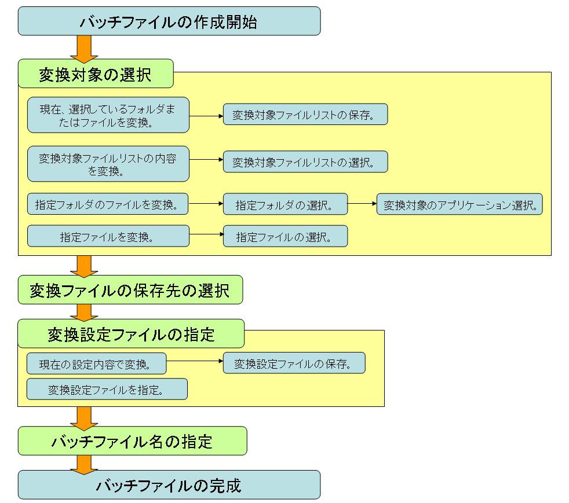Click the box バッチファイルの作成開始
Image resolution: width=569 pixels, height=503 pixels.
(x=169, y=21)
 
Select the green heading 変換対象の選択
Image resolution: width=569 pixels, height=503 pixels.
(x=96, y=74)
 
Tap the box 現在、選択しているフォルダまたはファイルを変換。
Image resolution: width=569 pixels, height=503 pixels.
(x=108, y=115)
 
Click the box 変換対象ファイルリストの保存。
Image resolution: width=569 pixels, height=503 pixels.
(x=305, y=115)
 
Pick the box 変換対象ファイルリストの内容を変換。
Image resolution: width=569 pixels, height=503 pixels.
(x=108, y=164)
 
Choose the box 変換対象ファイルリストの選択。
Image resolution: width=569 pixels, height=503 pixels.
(x=305, y=162)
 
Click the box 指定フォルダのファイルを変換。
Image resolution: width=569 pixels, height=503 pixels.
(x=108, y=204)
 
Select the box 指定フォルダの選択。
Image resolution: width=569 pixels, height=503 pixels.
(x=285, y=204)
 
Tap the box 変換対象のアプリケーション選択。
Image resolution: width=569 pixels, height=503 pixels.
(x=459, y=204)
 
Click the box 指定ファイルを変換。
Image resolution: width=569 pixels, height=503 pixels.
(x=108, y=236)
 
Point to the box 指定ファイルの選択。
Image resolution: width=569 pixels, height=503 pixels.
(x=285, y=236)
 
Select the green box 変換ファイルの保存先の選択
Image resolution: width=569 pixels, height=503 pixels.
(x=130, y=290)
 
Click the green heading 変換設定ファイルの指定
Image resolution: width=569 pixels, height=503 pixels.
(x=131, y=333)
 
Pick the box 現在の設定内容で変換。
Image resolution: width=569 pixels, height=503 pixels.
(x=97, y=364)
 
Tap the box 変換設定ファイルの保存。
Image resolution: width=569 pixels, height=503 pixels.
(x=294, y=363)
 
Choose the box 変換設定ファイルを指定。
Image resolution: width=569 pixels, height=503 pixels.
(x=107, y=389)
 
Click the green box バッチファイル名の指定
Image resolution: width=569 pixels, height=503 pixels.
(x=132, y=441)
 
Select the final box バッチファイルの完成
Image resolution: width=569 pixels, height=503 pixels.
(x=169, y=484)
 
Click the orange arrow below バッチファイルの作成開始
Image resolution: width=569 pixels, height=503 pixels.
(x=84, y=47)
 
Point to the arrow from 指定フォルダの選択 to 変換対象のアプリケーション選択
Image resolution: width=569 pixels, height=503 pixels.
(x=362, y=204)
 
